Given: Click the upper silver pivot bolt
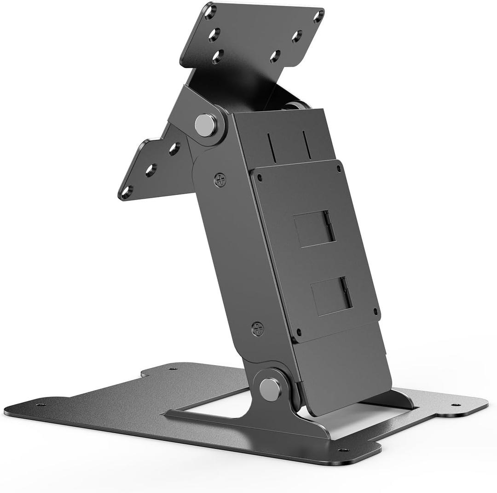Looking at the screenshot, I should (x=205, y=125).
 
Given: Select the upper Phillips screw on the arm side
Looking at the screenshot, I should (x=220, y=179).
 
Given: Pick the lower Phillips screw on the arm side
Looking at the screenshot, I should (x=258, y=328).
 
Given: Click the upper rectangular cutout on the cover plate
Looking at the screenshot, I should (x=314, y=229).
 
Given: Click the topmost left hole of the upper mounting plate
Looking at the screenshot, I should (x=210, y=11).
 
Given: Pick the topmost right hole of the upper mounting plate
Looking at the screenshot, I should (x=318, y=16).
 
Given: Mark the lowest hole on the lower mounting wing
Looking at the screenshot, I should (x=127, y=192).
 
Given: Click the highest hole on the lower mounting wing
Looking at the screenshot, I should (x=174, y=149).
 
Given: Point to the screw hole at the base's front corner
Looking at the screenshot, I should (x=342, y=450).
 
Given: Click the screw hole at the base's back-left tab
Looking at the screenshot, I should (x=173, y=368).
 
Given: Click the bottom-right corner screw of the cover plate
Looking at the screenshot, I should (x=375, y=311).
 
